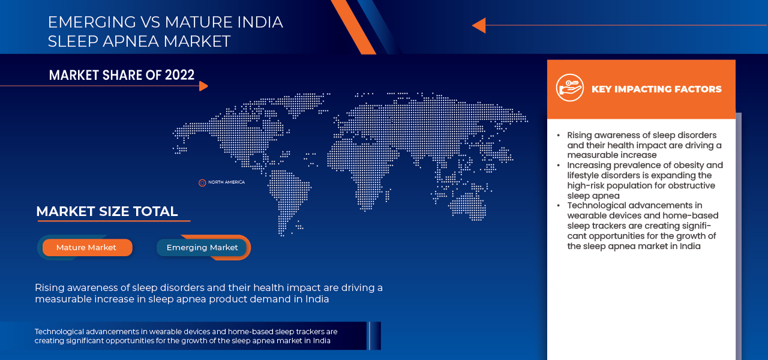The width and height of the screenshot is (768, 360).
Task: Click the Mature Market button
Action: (86, 247)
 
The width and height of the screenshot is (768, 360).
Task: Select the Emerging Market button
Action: (202, 247)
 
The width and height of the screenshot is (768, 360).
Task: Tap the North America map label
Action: (226, 182)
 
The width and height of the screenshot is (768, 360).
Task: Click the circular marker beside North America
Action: (202, 182)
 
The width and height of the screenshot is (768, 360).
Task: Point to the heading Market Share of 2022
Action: (122, 75)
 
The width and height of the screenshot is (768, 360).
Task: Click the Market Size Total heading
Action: (107, 211)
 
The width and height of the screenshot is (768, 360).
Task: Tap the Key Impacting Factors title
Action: (656, 89)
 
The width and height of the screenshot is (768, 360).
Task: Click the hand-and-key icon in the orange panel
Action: (569, 88)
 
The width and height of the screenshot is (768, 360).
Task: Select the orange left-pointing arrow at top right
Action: (479, 25)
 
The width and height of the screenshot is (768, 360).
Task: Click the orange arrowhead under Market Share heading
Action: (203, 86)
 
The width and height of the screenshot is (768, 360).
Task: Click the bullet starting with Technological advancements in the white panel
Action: (634, 206)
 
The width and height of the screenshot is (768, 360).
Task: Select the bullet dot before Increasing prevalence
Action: (559, 165)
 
